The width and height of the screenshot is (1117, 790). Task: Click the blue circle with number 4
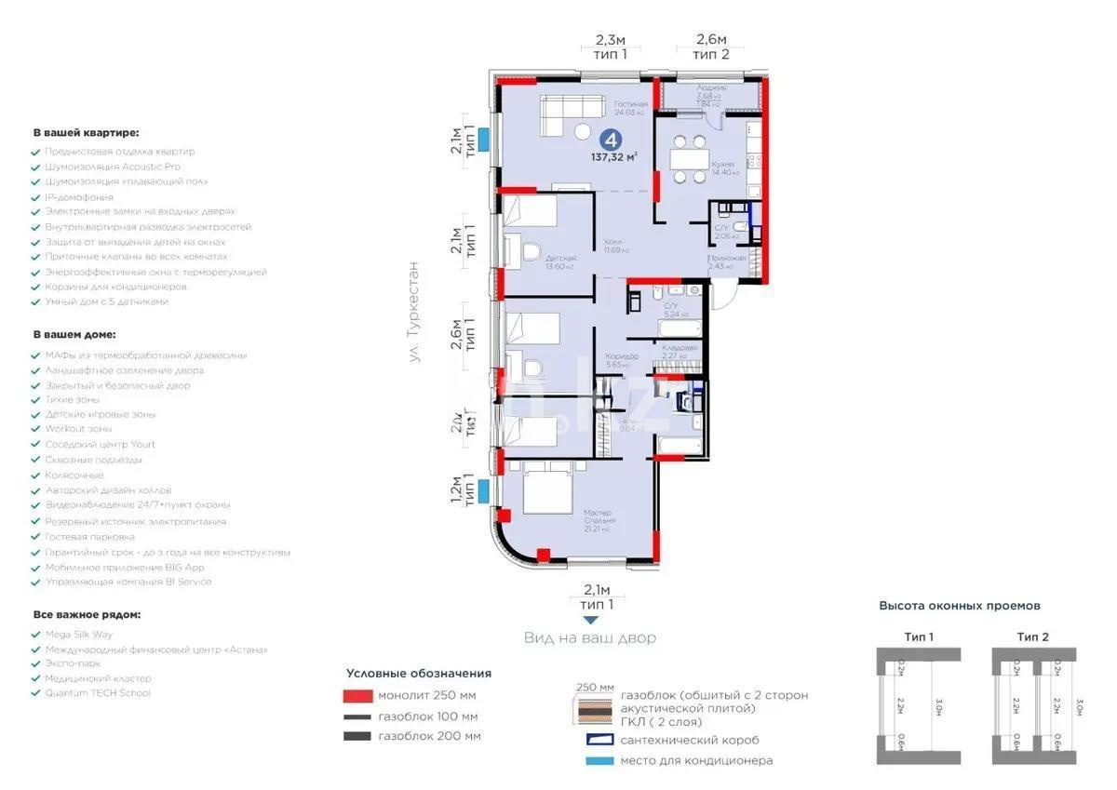click(x=611, y=140)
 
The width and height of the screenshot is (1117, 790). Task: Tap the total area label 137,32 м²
click(x=618, y=158)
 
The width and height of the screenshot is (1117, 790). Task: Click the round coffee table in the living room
click(x=584, y=131)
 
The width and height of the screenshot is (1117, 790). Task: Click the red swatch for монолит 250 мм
click(x=357, y=695)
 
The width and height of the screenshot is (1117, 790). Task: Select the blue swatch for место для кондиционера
click(x=599, y=760)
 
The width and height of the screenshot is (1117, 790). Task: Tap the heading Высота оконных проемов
click(x=960, y=606)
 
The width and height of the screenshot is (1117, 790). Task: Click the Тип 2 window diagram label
click(x=1032, y=636)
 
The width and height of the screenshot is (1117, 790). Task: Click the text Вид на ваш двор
click(x=588, y=637)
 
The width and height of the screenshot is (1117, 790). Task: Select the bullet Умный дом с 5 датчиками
click(x=106, y=301)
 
